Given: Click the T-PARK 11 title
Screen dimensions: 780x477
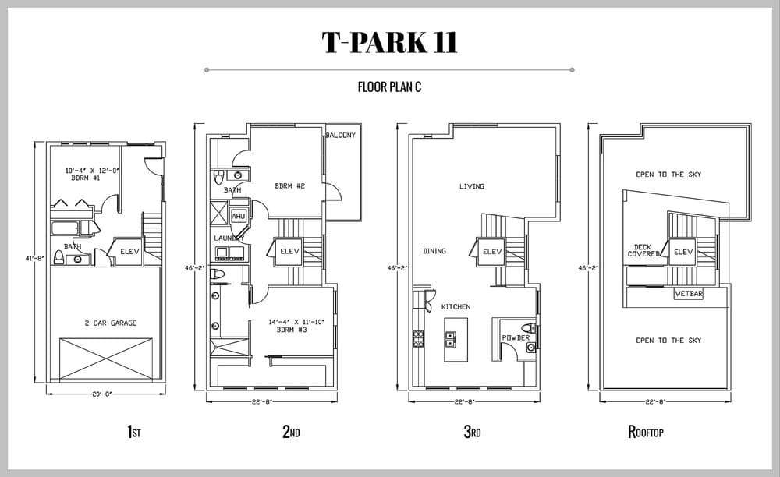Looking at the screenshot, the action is pyautogui.click(x=389, y=42).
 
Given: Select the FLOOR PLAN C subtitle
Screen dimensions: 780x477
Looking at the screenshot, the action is pyautogui.click(x=389, y=87).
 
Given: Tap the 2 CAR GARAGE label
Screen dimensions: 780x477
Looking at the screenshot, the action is pyautogui.click(x=111, y=323).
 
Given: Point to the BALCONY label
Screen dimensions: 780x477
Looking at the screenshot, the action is pyautogui.click(x=341, y=135).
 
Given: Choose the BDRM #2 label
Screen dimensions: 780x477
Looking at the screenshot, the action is pyautogui.click(x=290, y=186).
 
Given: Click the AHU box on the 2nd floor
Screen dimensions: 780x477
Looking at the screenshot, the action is pyautogui.click(x=238, y=217).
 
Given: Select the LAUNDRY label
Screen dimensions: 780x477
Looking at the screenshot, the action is pyautogui.click(x=229, y=238).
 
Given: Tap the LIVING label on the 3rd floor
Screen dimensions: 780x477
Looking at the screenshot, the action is pyautogui.click(x=472, y=186).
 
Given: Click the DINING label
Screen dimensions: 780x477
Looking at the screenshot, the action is pyautogui.click(x=434, y=252).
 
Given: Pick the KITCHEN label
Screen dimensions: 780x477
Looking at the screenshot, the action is pyautogui.click(x=456, y=307).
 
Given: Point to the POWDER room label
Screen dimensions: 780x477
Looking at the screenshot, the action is pyautogui.click(x=516, y=338).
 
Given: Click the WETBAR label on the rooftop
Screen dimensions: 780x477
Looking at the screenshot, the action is pyautogui.click(x=689, y=294).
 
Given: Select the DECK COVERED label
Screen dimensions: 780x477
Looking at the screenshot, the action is pyautogui.click(x=643, y=250).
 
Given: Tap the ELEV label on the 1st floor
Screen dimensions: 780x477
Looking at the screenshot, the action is pyautogui.click(x=129, y=252).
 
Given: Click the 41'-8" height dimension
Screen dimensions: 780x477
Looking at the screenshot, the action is pyautogui.click(x=35, y=259).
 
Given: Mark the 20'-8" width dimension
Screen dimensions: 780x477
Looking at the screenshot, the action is pyautogui.click(x=102, y=394).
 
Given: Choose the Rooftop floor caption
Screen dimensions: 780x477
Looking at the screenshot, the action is pyautogui.click(x=646, y=432).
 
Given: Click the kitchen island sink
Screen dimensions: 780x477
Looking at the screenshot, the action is pyautogui.click(x=450, y=339).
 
